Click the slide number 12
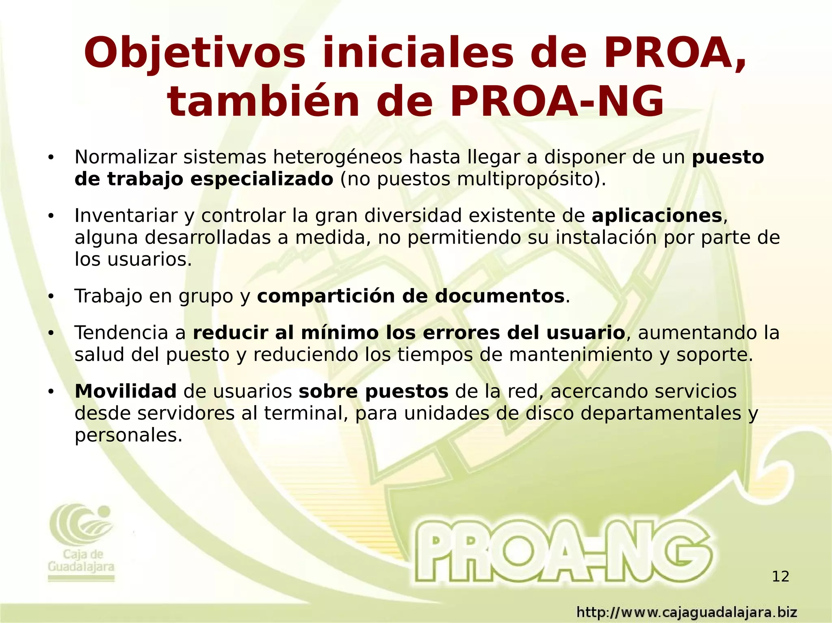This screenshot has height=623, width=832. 780,576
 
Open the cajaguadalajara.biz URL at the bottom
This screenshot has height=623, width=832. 687,612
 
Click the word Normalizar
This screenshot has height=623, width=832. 126,157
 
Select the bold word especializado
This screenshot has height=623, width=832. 262,179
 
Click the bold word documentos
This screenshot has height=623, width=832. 500,296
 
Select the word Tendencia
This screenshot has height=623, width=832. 121,333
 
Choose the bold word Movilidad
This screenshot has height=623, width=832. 126,391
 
